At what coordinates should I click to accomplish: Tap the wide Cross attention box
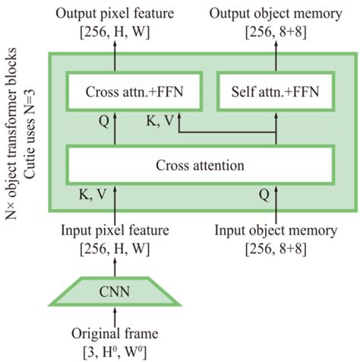(201, 164)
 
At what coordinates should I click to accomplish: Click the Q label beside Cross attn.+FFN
(104, 119)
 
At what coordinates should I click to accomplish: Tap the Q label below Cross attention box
(264, 194)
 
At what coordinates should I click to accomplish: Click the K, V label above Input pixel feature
(93, 194)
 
